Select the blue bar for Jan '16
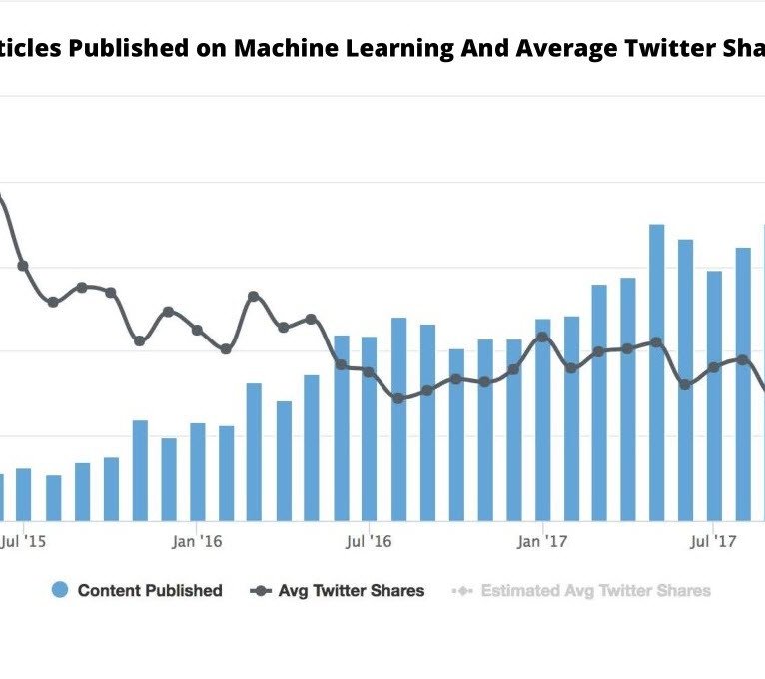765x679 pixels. point(198,471)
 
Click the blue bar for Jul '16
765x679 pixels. point(369,428)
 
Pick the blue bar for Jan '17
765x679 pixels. point(542,419)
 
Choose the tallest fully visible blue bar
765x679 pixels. point(656,371)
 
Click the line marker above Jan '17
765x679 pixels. point(542,337)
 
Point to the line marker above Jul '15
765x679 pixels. point(23,266)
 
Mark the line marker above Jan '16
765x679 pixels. point(197,330)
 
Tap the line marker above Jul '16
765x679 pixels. point(369,371)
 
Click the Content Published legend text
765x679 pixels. point(150,591)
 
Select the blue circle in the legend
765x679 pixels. point(60,591)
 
